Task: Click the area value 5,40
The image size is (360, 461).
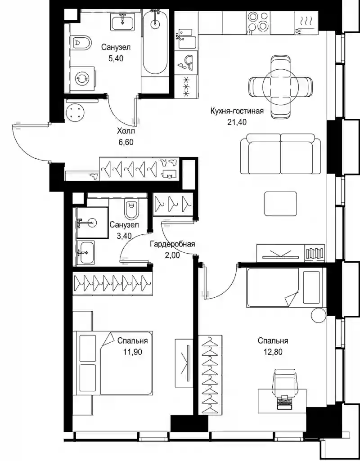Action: (x=116, y=58)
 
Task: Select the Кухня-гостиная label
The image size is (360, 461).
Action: (x=237, y=111)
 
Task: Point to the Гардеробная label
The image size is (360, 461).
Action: (x=172, y=244)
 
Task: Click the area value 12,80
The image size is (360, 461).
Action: (x=273, y=352)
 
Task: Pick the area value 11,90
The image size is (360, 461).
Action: (x=133, y=352)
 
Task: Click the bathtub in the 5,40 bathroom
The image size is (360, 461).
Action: (x=155, y=43)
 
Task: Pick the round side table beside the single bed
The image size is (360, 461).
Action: (x=319, y=315)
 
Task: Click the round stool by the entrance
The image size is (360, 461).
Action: (x=76, y=112)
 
